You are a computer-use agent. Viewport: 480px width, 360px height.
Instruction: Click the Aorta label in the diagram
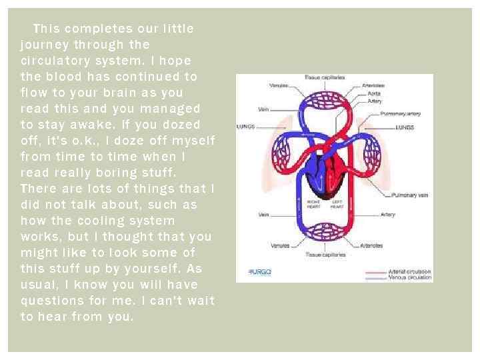tap(374, 93)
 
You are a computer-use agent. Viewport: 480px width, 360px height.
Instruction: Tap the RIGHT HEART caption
tap(314, 203)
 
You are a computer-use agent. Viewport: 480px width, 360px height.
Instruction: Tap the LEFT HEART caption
tap(337, 203)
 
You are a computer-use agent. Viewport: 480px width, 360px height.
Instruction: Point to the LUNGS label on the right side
tap(405, 127)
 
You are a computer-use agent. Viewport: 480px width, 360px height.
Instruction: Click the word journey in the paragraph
tap(44, 45)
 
